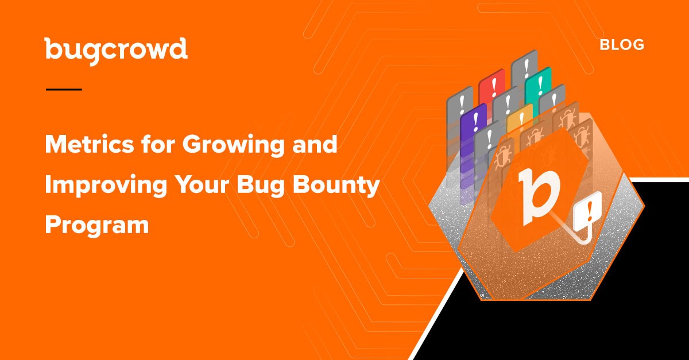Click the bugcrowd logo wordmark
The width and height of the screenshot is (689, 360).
116,51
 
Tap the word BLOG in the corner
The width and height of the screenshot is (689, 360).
622,45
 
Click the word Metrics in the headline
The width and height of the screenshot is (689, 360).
90,144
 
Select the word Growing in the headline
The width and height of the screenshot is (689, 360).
233,146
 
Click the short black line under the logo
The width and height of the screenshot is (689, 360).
64,90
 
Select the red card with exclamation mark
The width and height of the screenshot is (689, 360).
492,88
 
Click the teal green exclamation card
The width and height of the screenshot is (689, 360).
539,84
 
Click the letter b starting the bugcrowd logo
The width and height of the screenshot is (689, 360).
53,48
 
